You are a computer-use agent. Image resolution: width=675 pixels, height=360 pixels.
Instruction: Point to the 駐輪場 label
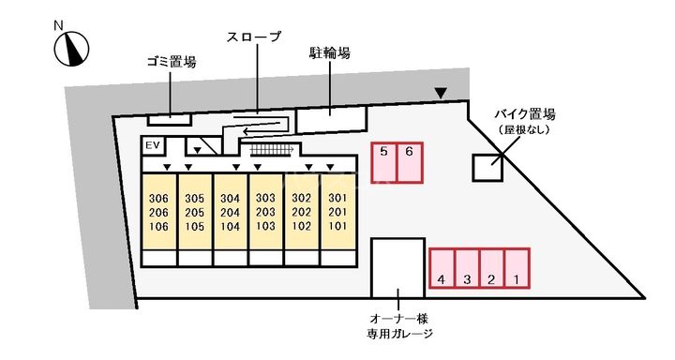tap(330, 53)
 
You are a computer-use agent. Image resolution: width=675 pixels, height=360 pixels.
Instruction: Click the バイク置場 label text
tap(525, 114)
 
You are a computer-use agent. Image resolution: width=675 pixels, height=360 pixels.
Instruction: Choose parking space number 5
tap(384, 163)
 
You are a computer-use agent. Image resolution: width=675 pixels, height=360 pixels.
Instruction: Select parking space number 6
tap(411, 163)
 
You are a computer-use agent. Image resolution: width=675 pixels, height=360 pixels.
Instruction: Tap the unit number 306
tap(158, 198)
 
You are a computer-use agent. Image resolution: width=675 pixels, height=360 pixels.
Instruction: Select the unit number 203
tap(265, 212)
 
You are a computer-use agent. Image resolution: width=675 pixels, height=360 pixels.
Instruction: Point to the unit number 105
tap(194, 226)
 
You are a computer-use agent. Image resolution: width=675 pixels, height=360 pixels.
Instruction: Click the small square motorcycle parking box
tap(487, 167)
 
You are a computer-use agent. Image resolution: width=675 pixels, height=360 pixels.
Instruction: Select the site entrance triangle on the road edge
tap(441, 93)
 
